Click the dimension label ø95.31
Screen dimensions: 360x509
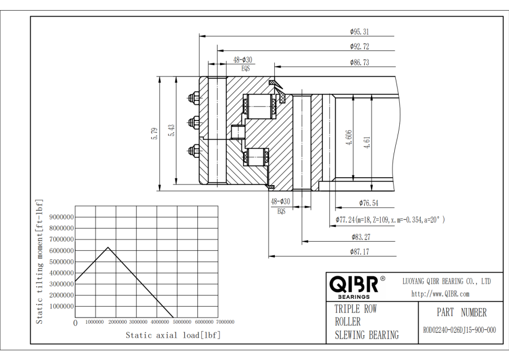click(359, 32)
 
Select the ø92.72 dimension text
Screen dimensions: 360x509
click(359, 46)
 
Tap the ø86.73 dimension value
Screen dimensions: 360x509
click(359, 62)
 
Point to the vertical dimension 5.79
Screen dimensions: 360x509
click(154, 132)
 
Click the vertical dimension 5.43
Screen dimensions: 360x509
click(171, 131)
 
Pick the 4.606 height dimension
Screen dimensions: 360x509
click(350, 138)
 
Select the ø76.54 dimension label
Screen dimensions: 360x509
click(368, 203)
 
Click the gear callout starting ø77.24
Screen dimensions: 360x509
click(390, 219)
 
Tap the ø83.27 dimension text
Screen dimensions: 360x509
click(360, 237)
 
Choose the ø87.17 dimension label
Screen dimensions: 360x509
click(359, 252)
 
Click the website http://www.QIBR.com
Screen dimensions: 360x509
click(440, 294)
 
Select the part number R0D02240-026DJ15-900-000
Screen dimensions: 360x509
click(459, 330)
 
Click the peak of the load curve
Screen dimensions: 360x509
click(108, 247)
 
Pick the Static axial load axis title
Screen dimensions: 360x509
click(173, 335)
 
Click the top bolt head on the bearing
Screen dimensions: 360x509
click(192, 98)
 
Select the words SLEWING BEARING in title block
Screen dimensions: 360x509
click(366, 335)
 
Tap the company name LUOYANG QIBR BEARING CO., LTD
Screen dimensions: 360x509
click(446, 281)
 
